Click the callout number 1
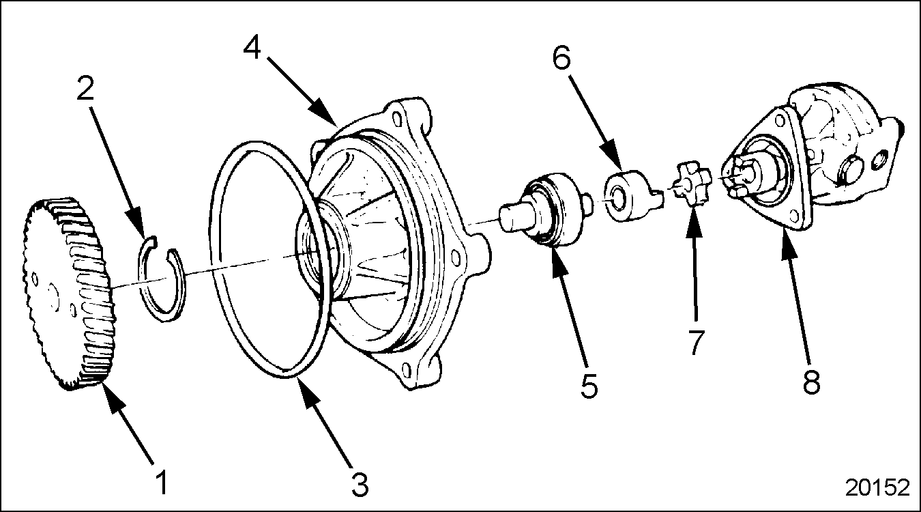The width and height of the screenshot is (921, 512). [163, 483]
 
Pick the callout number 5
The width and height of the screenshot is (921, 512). [589, 385]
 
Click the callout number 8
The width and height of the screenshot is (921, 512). [811, 381]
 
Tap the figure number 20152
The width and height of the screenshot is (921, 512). [877, 487]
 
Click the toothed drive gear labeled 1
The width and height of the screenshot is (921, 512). [68, 294]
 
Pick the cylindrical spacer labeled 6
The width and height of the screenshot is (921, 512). [633, 195]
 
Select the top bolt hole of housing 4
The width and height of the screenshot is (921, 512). [397, 117]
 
